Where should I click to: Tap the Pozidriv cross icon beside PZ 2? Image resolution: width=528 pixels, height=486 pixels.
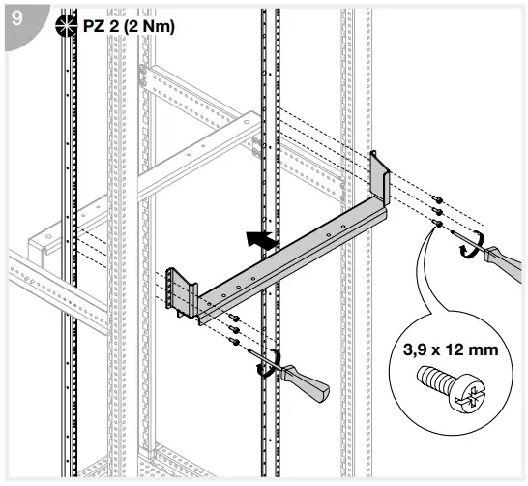click(67, 26)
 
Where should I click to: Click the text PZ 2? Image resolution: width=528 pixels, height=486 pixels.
click(103, 26)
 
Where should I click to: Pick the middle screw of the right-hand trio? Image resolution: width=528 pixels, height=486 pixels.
click(438, 212)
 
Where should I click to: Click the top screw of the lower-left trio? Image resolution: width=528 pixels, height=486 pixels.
click(233, 317)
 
